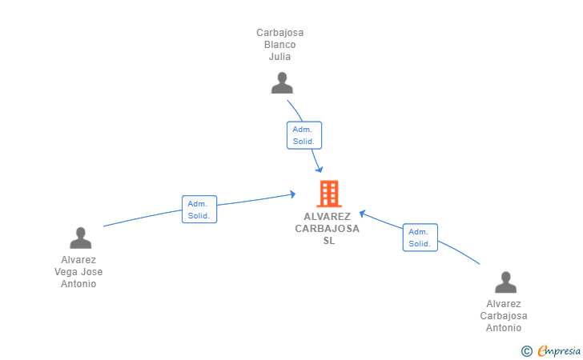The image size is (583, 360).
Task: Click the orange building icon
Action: [x=329, y=194]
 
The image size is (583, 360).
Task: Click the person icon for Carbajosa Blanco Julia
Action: [x=282, y=83]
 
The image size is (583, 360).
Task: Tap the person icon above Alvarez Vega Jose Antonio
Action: [x=80, y=238]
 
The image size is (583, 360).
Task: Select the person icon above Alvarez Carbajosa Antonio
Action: [x=505, y=282]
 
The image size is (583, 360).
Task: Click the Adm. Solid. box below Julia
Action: [x=304, y=135]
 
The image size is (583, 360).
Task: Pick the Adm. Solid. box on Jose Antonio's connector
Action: [x=199, y=209]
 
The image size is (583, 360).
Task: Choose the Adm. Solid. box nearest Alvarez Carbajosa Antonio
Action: [x=420, y=238]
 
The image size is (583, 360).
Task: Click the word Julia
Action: [x=279, y=57]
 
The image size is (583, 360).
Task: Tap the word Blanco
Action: [x=280, y=45]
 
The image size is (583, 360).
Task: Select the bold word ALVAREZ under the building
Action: [x=328, y=217]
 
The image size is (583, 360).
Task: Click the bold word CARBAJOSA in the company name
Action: [x=328, y=229]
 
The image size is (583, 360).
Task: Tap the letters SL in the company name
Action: [x=329, y=241]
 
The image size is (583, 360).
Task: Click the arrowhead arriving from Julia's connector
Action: [x=320, y=170]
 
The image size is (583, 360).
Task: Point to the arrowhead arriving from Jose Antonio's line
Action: [x=292, y=194]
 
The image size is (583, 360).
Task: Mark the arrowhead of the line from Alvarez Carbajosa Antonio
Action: [x=363, y=214]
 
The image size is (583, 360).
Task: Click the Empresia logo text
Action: [x=559, y=350]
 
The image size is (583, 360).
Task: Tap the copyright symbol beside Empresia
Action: [x=526, y=351]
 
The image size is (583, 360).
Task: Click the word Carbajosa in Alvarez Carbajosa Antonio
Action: [x=504, y=316]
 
